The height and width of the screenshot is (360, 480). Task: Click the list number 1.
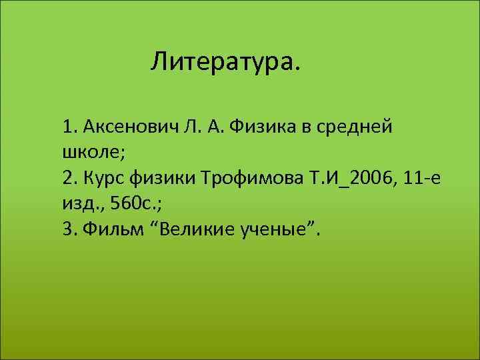pos(69,127)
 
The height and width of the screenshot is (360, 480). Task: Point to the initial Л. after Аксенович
pos(189,127)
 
